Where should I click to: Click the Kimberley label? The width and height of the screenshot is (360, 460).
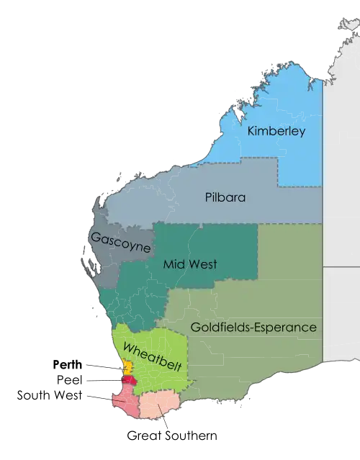click(276, 132)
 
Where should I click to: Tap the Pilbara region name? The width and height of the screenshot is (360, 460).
click(225, 197)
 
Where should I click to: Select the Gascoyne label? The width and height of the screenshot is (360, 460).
click(120, 242)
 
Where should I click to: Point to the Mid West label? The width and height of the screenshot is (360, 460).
click(190, 264)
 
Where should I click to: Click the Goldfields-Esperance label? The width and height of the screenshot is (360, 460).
click(253, 328)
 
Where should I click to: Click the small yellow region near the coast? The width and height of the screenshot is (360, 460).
click(127, 366)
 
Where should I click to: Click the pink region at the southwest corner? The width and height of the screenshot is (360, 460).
click(124, 400)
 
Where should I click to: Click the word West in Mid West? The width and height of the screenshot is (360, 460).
click(202, 264)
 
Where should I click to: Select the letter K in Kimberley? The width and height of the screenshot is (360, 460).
click(251, 132)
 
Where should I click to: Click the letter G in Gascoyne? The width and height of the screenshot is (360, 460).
click(94, 235)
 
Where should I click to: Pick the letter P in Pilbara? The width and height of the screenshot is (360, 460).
click(209, 197)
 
